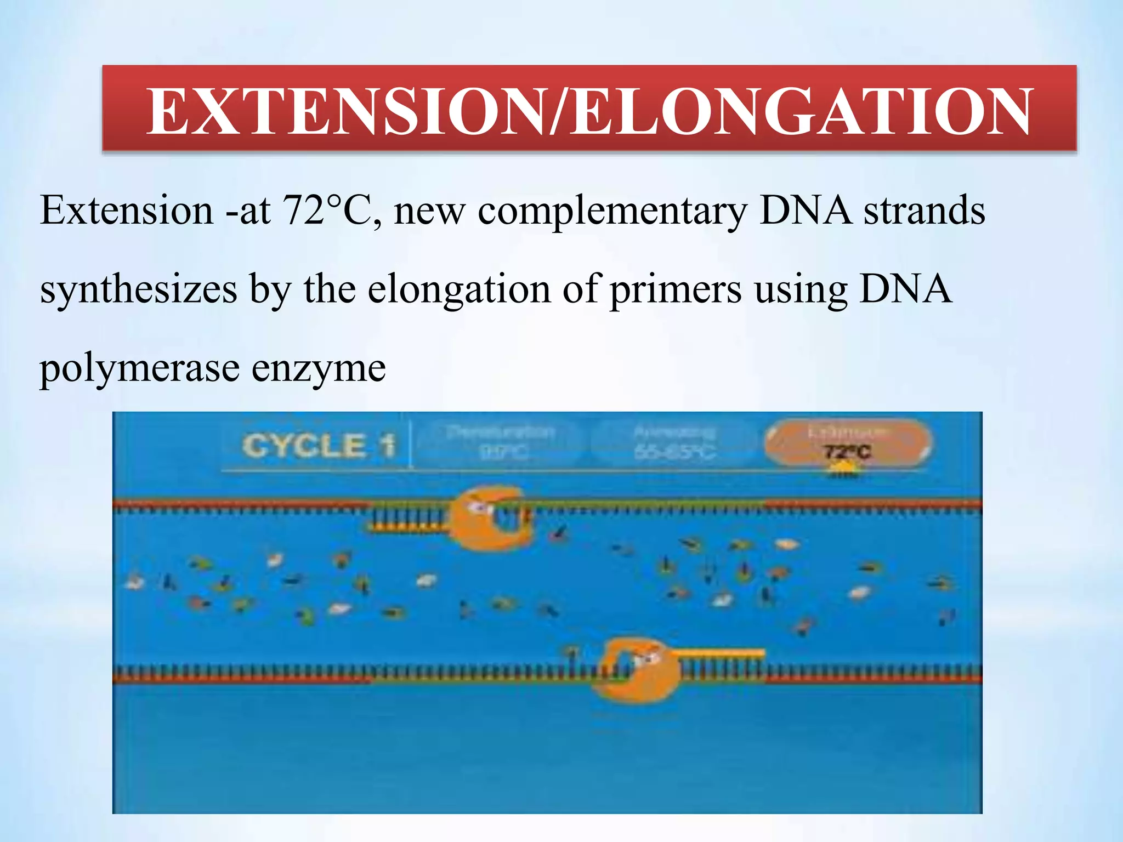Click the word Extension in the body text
point(127,210)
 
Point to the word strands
point(925,210)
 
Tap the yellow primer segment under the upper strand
point(409,528)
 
